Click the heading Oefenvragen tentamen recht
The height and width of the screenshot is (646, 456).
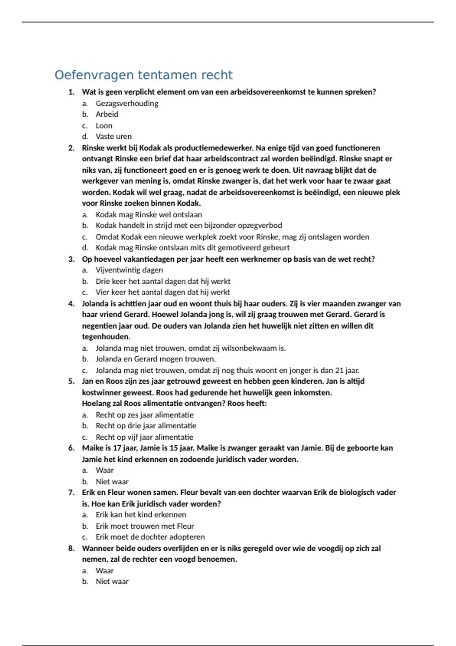(x=143, y=75)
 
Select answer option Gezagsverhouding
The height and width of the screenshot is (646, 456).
(x=127, y=103)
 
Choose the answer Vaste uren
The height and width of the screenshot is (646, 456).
(x=113, y=136)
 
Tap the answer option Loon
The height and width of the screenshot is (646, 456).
(x=104, y=126)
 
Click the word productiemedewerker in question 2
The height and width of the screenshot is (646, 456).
(x=214, y=148)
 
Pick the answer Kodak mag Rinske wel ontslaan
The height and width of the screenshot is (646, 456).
(x=149, y=215)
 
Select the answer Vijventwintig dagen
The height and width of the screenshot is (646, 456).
(x=129, y=270)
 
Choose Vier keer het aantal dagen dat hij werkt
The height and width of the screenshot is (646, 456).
(x=163, y=292)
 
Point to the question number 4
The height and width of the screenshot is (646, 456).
(x=71, y=304)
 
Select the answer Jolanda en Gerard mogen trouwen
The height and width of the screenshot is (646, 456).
(x=155, y=359)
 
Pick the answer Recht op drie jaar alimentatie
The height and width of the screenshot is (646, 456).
(x=146, y=426)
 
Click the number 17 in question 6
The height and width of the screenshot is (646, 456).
(x=117, y=448)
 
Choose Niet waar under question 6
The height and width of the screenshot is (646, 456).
(x=112, y=482)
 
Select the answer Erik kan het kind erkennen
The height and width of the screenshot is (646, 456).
(x=141, y=515)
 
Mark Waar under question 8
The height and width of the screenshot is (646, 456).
(x=104, y=571)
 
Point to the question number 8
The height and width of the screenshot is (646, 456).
(x=71, y=548)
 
